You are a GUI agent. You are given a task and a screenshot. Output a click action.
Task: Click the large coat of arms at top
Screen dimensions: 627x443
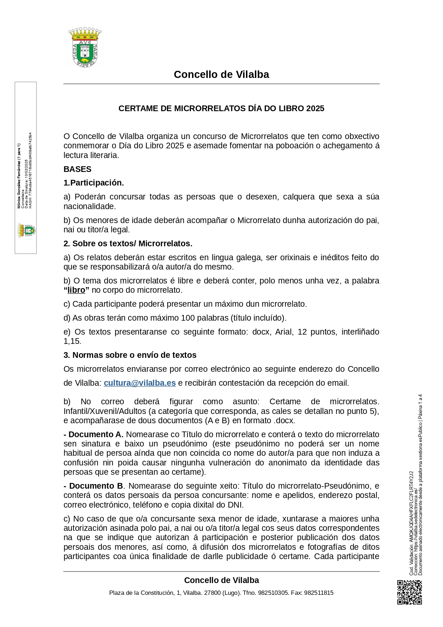point(85,48)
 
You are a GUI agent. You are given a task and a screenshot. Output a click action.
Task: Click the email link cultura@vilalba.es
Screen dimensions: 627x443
point(140,383)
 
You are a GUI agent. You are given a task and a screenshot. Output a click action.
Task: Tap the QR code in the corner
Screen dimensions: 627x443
point(409,592)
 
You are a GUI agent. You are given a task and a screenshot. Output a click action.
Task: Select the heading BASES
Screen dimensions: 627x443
point(77,169)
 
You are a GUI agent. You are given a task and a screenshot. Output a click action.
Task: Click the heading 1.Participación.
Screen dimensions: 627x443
point(94,183)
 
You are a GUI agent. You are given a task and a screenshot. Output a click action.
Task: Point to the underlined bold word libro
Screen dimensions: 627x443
point(76,290)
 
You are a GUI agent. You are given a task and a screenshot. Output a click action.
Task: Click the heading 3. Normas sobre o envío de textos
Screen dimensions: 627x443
point(130,355)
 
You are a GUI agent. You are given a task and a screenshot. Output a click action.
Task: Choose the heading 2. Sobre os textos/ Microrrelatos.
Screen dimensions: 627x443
point(128,243)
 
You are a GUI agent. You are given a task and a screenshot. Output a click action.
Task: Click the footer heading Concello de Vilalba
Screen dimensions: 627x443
point(221,580)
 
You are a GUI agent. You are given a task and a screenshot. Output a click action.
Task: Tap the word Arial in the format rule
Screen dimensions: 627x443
point(284,332)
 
